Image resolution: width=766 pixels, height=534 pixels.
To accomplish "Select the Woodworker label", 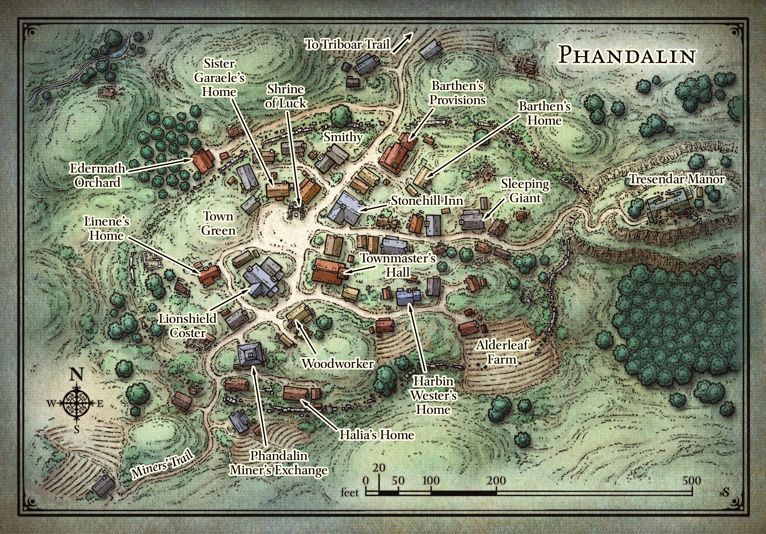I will tap(338, 363).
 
